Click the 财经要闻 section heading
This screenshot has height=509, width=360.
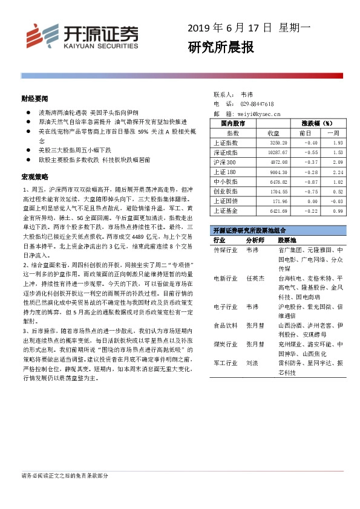coord(34,98)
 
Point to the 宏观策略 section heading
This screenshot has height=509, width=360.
coord(34,177)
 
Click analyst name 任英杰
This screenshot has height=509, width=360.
coord(256,279)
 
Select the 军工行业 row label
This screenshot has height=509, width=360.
coord(225,364)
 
